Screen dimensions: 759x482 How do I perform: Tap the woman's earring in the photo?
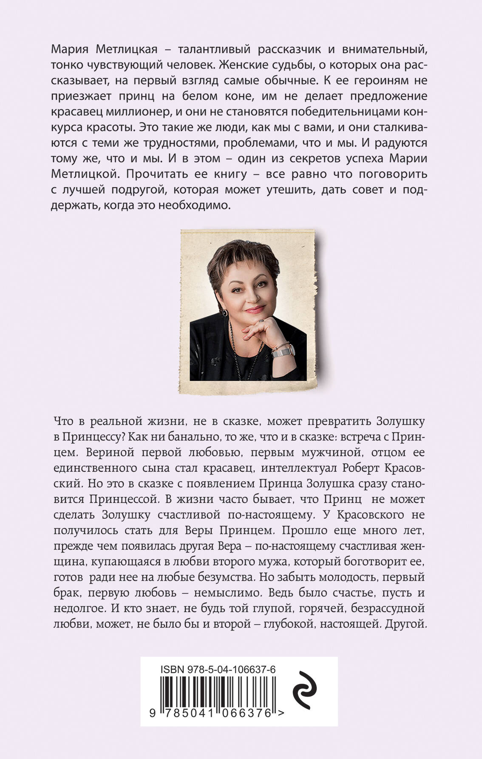click(x=224, y=313)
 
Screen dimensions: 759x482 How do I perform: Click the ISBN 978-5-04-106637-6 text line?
click(x=218, y=669)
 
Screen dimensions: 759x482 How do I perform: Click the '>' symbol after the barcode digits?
click(x=281, y=713)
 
